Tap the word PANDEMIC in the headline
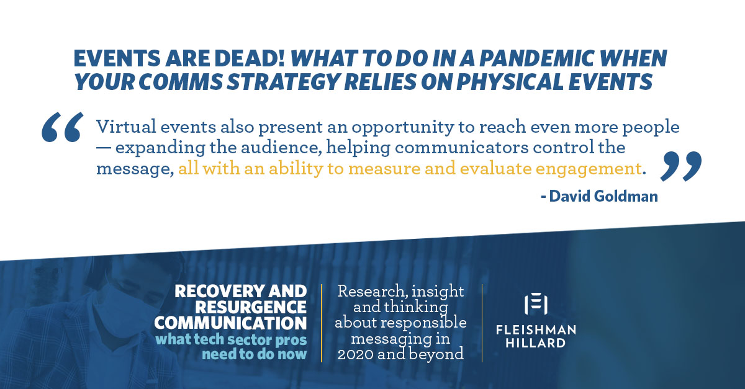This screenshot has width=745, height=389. click(x=537, y=58)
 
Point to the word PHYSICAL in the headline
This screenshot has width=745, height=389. click(x=510, y=81)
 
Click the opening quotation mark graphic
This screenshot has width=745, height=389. click(x=62, y=127)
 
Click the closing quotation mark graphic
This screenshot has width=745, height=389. click(x=681, y=166)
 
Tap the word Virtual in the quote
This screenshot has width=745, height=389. click(x=126, y=127)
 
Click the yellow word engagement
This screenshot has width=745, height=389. click(x=589, y=169)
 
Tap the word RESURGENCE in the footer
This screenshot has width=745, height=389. click(x=251, y=307)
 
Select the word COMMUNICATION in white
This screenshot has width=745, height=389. click(x=230, y=323)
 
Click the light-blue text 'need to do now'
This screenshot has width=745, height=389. click(x=254, y=354)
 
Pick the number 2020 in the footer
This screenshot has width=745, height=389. click(x=355, y=354)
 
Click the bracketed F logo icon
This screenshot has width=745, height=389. click(x=536, y=304)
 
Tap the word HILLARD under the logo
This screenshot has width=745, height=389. click(x=536, y=343)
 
